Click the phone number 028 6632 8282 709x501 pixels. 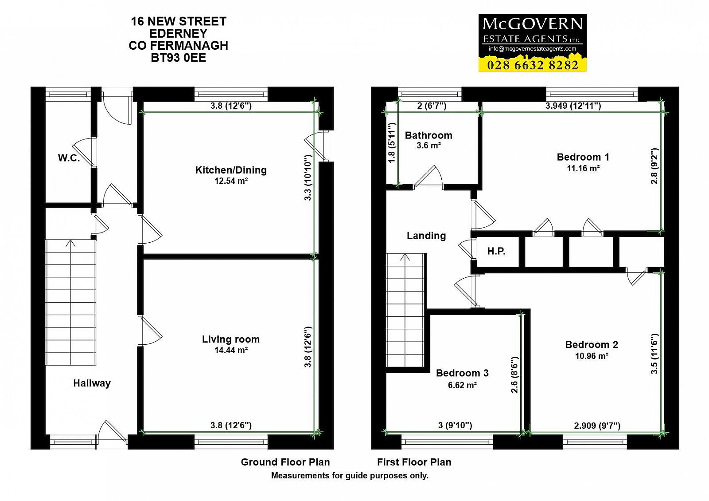pyautogui.click(x=533, y=65)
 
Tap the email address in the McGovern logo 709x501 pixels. pyautogui.click(x=532, y=49)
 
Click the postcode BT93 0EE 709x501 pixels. pyautogui.click(x=179, y=58)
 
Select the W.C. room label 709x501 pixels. pyautogui.click(x=69, y=158)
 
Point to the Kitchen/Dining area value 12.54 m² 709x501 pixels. pyautogui.click(x=231, y=181)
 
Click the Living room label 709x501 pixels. pyautogui.click(x=231, y=339)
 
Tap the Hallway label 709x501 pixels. pyautogui.click(x=92, y=383)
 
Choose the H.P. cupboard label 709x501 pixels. pyautogui.click(x=496, y=251)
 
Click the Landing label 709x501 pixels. pyautogui.click(x=426, y=236)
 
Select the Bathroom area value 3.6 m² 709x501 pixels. pyautogui.click(x=429, y=146)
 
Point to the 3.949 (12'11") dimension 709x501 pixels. pyautogui.click(x=573, y=106)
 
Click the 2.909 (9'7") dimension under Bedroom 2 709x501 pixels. pyautogui.click(x=597, y=426)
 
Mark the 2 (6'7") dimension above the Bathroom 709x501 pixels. pyautogui.click(x=432, y=106)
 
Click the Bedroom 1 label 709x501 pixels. pyautogui.click(x=583, y=157)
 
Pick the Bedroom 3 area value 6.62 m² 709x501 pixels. pyautogui.click(x=463, y=385)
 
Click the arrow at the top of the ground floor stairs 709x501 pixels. pyautogui.click(x=70, y=243)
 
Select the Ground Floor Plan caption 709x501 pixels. pyautogui.click(x=285, y=462)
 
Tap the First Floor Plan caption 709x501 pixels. pyautogui.click(x=414, y=462)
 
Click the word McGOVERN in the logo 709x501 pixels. pyautogui.click(x=532, y=24)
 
